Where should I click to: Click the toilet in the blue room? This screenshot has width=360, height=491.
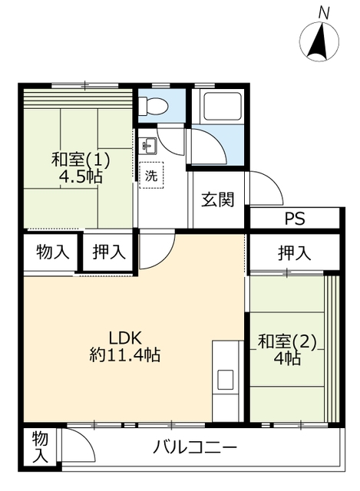point(154,106)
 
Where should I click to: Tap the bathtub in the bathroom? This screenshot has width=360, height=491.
point(222,107)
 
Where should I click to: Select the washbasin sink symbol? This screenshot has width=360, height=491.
point(148,146)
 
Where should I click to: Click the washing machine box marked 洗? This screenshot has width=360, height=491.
point(151,175)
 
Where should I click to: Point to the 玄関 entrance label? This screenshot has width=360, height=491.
point(218,199)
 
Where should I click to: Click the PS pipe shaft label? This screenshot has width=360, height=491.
point(295,219)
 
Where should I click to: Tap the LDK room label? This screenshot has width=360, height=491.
point(125,338)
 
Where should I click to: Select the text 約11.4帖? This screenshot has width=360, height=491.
point(125,355)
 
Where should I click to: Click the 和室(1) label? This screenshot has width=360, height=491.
point(81,159)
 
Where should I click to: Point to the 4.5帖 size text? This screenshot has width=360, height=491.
point(81,177)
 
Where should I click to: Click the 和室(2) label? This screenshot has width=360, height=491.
point(287,341)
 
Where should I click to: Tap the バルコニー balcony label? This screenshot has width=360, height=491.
point(194,447)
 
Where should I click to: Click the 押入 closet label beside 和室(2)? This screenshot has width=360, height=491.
point(295,253)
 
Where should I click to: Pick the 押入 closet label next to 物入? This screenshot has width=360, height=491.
point(109,252)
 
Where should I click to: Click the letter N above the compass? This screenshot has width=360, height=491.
point(324,14)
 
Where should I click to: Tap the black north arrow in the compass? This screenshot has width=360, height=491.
point(319,42)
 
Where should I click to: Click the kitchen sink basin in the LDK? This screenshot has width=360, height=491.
point(226,380)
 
